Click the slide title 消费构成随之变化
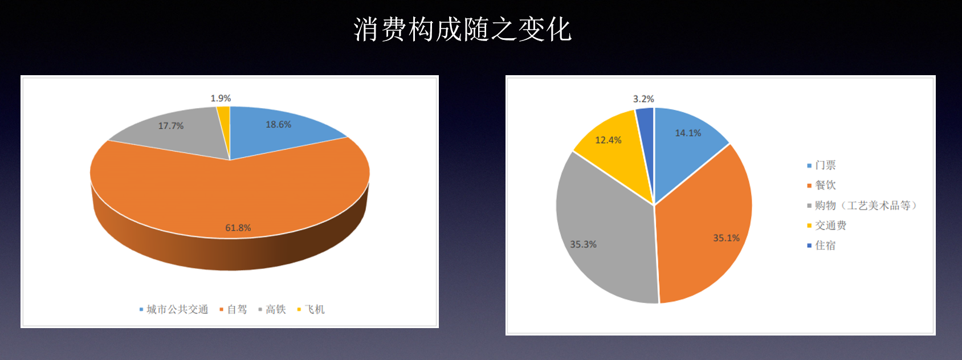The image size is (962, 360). pyautogui.click(x=462, y=30)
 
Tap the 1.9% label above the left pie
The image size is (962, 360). pyautogui.click(x=221, y=99)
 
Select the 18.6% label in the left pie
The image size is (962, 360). pyautogui.click(x=278, y=124)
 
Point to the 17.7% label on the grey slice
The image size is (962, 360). pyautogui.click(x=171, y=126)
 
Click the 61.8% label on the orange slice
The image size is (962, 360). pyautogui.click(x=238, y=228)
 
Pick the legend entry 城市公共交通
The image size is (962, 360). pyautogui.click(x=174, y=309)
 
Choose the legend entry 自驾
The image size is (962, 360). pyautogui.click(x=233, y=309)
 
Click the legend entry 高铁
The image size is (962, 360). pyautogui.click(x=272, y=309)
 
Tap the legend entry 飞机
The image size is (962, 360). pyautogui.click(x=311, y=309)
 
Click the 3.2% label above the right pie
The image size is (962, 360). pyautogui.click(x=643, y=99)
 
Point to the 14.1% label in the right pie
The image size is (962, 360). pyautogui.click(x=688, y=133)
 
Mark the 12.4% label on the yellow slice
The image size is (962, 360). pyautogui.click(x=608, y=140)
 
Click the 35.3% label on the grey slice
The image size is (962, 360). pyautogui.click(x=583, y=244)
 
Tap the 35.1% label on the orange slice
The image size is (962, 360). pyautogui.click(x=726, y=238)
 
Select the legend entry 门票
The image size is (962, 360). pyautogui.click(x=822, y=165)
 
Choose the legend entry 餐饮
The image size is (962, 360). pyautogui.click(x=822, y=185)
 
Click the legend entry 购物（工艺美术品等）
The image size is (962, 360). pyautogui.click(x=862, y=206)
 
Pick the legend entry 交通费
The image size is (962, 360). pyautogui.click(x=827, y=226)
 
